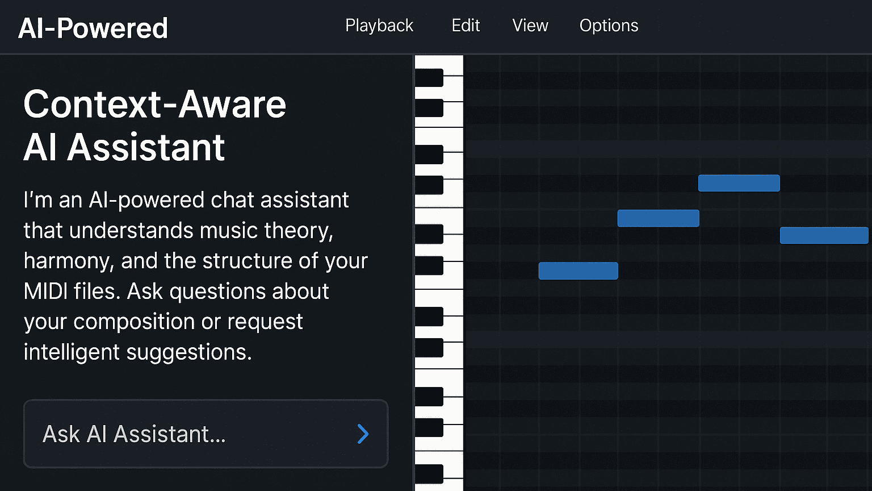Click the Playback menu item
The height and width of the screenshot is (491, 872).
tap(379, 26)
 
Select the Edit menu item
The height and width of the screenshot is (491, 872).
tap(466, 26)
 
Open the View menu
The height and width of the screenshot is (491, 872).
tap(530, 26)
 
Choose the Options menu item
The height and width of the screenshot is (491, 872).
tap(609, 26)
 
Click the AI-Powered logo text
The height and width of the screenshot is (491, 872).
tap(93, 28)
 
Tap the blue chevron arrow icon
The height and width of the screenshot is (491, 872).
tap(363, 434)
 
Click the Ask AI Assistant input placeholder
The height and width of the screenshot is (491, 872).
tap(135, 434)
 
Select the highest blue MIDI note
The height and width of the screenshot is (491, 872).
tap(739, 183)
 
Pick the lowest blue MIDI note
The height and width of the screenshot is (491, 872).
tap(578, 271)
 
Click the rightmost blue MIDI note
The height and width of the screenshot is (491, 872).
tap(824, 235)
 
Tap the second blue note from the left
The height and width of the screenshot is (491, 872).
tap(658, 218)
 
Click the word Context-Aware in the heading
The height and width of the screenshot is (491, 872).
tap(154, 105)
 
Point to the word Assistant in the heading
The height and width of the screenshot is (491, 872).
tap(146, 148)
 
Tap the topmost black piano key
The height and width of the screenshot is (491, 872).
tap(429, 78)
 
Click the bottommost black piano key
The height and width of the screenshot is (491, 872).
tap(429, 473)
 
